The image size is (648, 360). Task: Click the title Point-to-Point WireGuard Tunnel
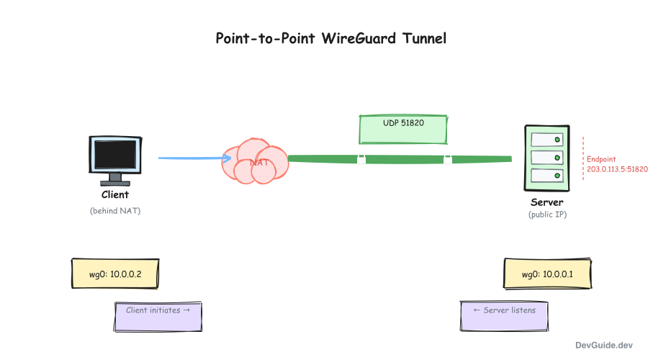(331, 38)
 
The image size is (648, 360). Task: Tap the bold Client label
(114, 194)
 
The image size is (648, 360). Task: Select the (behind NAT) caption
(114, 210)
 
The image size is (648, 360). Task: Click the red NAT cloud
(256, 161)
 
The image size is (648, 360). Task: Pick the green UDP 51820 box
(403, 129)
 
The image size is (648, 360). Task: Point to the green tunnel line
(403, 158)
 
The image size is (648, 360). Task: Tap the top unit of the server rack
(546, 138)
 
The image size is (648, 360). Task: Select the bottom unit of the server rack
(546, 175)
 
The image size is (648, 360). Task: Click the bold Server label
(547, 202)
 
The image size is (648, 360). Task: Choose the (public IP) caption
(547, 215)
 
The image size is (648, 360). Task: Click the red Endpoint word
(601, 159)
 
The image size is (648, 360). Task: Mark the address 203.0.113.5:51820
(617, 169)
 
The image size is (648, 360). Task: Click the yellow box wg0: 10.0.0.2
(115, 274)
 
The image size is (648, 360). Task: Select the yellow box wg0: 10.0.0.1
(547, 274)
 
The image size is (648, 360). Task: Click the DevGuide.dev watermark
(604, 346)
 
